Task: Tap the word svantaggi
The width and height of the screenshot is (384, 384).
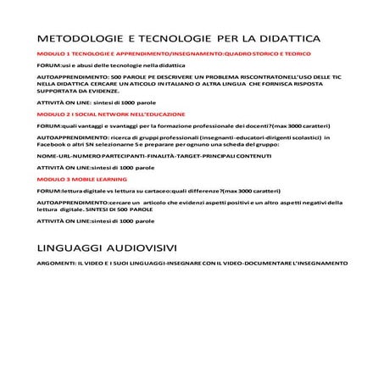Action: tap(119, 125)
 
